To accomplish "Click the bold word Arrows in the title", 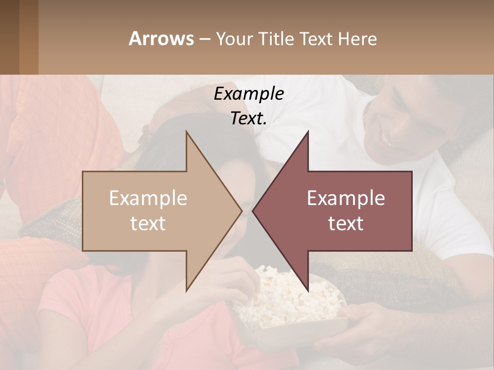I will click(x=161, y=39).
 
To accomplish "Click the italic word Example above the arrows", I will click(x=249, y=94).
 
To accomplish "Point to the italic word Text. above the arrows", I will click(x=249, y=119).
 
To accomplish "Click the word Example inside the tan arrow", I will click(x=148, y=198).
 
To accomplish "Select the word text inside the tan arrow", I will click(x=148, y=224).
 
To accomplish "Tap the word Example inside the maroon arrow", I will click(x=346, y=198).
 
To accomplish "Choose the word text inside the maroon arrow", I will click(x=346, y=224).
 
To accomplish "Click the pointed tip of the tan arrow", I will click(x=241, y=211).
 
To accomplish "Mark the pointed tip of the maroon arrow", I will click(x=253, y=211).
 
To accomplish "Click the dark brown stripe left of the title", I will click(x=28, y=37).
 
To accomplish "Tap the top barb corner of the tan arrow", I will click(x=186, y=132).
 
